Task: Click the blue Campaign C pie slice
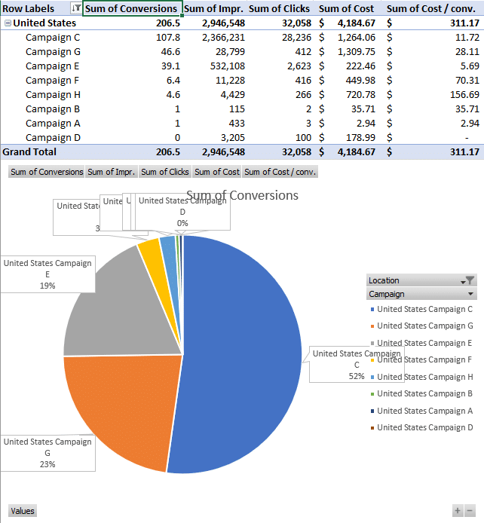click(x=241, y=354)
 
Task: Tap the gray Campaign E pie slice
click(x=113, y=301)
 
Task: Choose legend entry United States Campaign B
click(x=424, y=393)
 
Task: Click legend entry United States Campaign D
click(x=424, y=427)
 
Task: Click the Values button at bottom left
click(x=23, y=511)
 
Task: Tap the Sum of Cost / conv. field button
click(x=280, y=172)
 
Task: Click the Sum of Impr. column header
click(x=213, y=8)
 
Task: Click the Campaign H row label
click(x=53, y=94)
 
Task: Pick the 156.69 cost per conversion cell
click(x=462, y=94)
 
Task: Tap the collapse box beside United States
click(x=8, y=23)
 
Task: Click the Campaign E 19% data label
click(x=47, y=274)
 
